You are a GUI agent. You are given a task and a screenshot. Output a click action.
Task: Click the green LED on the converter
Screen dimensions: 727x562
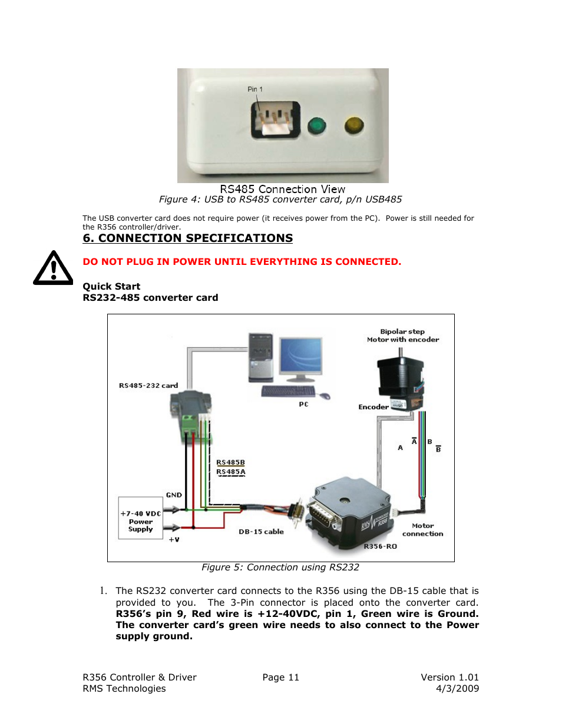316,125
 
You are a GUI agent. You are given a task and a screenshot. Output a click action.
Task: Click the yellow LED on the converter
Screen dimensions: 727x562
353,125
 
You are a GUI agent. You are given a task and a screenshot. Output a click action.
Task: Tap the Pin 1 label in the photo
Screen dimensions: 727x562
255,89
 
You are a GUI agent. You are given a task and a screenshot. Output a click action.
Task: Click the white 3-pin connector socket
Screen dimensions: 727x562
276,120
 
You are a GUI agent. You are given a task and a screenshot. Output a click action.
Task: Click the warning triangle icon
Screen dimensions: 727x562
53,269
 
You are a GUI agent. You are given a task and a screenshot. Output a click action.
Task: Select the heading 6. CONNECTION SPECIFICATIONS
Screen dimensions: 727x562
187,238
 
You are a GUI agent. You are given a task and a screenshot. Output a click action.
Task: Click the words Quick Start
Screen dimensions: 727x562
111,287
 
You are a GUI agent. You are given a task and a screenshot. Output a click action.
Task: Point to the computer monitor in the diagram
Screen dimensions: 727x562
301,357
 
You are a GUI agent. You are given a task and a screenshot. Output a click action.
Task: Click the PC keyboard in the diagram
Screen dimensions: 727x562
288,391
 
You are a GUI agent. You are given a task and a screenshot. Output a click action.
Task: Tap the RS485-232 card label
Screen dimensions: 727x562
148,386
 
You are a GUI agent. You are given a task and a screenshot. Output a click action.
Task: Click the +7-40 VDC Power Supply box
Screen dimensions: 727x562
140,518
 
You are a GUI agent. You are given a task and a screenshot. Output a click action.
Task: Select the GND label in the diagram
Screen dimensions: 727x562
174,495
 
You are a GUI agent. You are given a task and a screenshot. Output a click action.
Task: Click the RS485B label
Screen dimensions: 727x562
230,463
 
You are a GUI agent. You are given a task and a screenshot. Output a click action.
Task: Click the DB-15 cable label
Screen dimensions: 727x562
261,532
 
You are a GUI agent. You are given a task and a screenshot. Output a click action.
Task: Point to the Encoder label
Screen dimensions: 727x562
373,407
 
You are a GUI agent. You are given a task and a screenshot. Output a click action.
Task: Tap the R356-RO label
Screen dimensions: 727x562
380,546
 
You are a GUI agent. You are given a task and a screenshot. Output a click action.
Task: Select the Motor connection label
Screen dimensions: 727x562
422,530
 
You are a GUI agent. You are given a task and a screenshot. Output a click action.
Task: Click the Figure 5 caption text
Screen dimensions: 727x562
280,567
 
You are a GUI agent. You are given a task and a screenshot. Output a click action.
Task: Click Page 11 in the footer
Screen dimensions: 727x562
280,678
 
